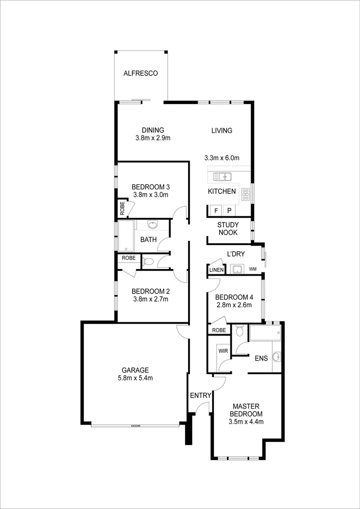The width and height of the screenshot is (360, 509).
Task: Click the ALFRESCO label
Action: click(x=140, y=74)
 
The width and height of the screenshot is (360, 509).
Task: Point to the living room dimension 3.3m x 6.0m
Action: click(x=221, y=158)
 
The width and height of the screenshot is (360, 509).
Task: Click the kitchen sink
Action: click(x=222, y=177)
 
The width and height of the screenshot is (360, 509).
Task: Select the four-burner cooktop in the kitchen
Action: click(x=245, y=193)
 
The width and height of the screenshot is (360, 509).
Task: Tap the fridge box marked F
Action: click(x=216, y=211)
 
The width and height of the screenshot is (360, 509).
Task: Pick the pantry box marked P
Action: click(x=229, y=211)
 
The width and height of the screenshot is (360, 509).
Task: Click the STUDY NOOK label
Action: click(x=228, y=229)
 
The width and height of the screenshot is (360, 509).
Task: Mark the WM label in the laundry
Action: click(x=253, y=269)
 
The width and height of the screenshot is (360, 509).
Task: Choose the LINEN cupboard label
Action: click(x=216, y=270)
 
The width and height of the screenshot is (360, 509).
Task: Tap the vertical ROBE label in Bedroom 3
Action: click(x=122, y=208)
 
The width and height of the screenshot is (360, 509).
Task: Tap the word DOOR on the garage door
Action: click(x=136, y=426)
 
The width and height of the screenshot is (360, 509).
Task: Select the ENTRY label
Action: click(x=200, y=395)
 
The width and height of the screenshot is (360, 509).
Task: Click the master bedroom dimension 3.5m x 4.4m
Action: click(x=245, y=421)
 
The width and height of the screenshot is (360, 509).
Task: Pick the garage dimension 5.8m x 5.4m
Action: click(x=136, y=378)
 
